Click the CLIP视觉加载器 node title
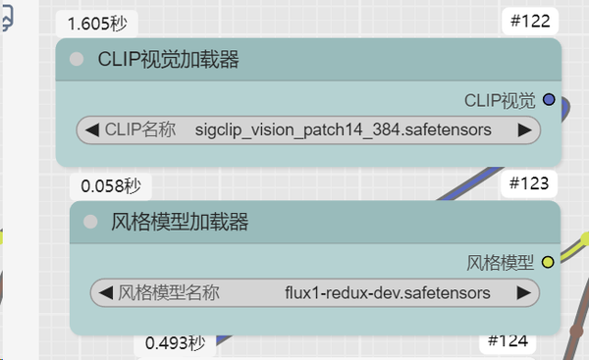coord(169,60)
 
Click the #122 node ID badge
coord(531,22)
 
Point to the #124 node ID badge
coord(509,341)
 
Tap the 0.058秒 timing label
coord(110,184)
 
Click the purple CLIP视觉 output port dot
coord(549,99)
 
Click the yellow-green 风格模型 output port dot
coord(548,262)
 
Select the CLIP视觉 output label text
coord(500,99)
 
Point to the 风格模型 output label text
coord(500,262)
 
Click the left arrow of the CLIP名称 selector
coord(92,129)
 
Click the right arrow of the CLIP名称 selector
coord(524,129)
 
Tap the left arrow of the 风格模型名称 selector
coord(106,292)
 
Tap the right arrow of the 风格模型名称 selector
coord(524,292)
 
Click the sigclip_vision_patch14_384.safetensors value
coord(343,129)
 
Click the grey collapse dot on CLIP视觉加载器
coord(77,60)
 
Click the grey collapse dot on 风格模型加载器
coord(90,223)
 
